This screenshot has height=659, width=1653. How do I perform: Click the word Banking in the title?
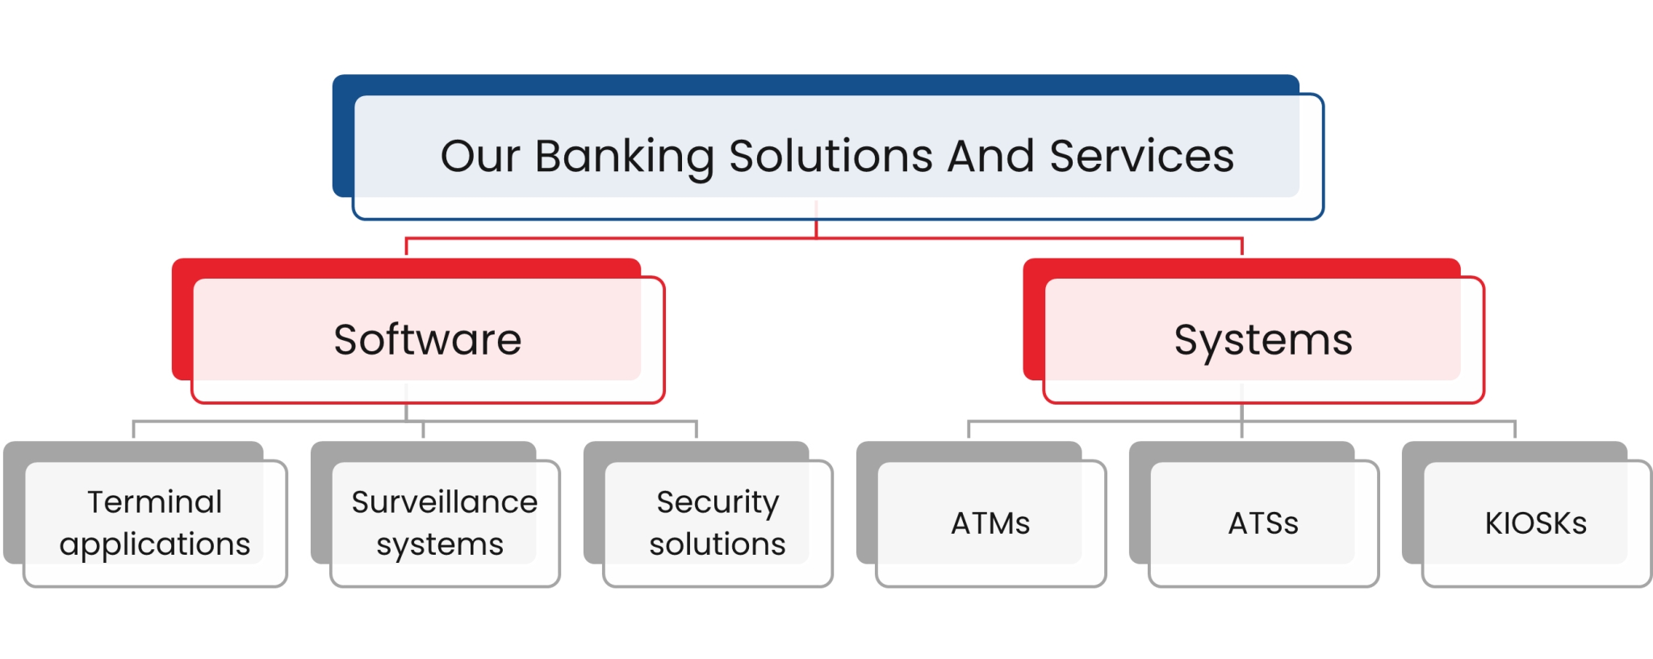(624, 157)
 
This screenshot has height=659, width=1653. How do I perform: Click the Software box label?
(427, 339)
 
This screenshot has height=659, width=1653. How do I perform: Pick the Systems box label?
(1263, 340)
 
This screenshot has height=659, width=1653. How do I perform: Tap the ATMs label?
(990, 523)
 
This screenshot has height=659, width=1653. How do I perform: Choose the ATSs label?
(1263, 523)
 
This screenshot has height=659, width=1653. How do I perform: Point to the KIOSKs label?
(1535, 523)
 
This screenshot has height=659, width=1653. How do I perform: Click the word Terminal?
(154, 502)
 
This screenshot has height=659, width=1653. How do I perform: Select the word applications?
(154, 545)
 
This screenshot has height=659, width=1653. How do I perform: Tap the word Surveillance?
(444, 502)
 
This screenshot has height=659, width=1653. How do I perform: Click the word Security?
(718, 502)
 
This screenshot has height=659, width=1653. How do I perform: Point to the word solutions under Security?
(718, 544)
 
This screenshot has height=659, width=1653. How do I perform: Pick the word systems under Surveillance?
(440, 545)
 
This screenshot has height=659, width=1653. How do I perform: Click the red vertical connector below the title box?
(817, 228)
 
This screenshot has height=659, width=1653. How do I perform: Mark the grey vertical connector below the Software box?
(406, 411)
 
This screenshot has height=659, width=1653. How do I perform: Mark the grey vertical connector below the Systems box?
(1241, 411)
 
